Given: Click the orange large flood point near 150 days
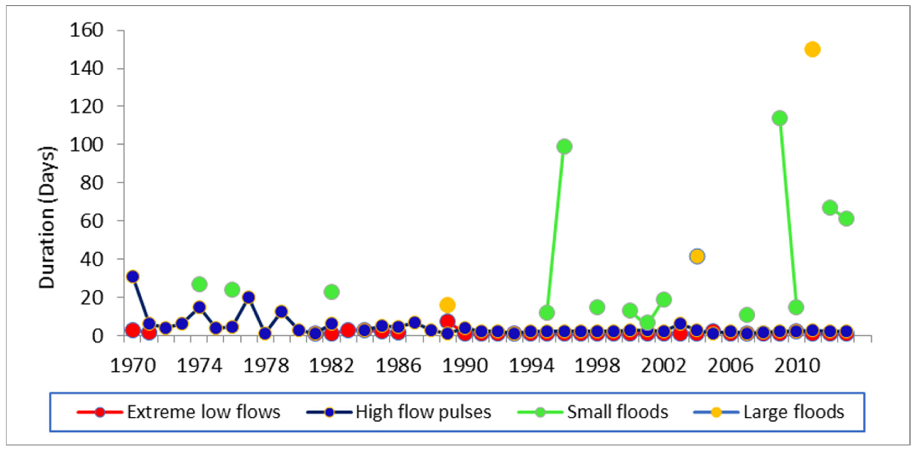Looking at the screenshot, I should point(812,49).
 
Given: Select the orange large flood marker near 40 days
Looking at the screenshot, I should point(697,256).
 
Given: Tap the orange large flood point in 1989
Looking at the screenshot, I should point(447,305).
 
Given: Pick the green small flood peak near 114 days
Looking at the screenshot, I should point(779,118).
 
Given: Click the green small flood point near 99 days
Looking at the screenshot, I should point(564,146).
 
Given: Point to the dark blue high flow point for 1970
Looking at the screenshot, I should point(133,276).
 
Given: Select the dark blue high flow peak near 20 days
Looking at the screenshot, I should point(249,297).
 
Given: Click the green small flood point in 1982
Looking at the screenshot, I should point(331,292).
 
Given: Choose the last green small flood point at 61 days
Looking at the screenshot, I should point(846,218).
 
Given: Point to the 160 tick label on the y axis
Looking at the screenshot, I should point(87,30).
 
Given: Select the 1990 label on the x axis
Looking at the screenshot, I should point(464,366).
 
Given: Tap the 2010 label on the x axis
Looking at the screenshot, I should point(797,366).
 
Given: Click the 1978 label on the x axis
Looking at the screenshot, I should point(266,366).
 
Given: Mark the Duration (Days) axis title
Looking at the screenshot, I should point(47,217).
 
